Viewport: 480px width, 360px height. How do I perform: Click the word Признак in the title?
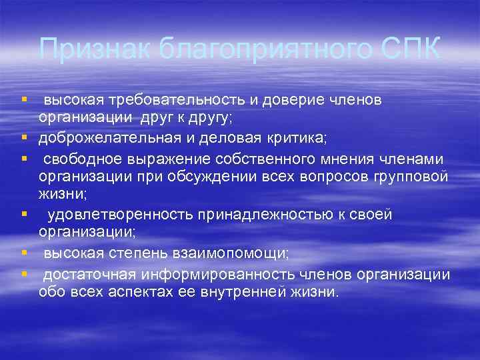tap(81, 49)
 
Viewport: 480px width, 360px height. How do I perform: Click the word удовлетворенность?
tap(119, 215)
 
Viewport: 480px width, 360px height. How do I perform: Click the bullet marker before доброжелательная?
tap(24, 139)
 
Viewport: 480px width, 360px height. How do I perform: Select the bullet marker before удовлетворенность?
tap(24, 215)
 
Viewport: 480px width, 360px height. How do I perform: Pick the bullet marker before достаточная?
tap(24, 273)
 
